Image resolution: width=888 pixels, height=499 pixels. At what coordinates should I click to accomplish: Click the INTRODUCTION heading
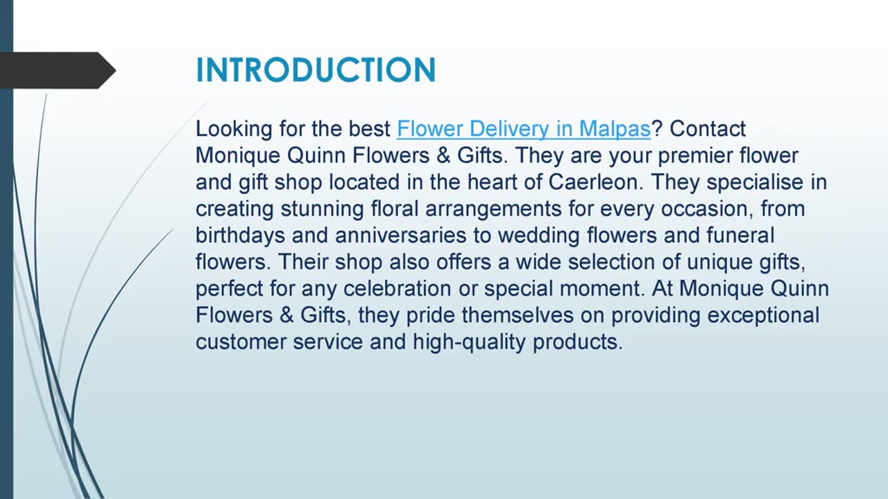tap(316, 71)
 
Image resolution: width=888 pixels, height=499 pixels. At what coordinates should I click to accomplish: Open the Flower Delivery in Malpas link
tap(523, 129)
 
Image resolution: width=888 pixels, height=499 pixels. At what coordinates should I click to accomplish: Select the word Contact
tap(708, 129)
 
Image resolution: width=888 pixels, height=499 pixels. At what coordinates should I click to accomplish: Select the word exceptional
tap(763, 315)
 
